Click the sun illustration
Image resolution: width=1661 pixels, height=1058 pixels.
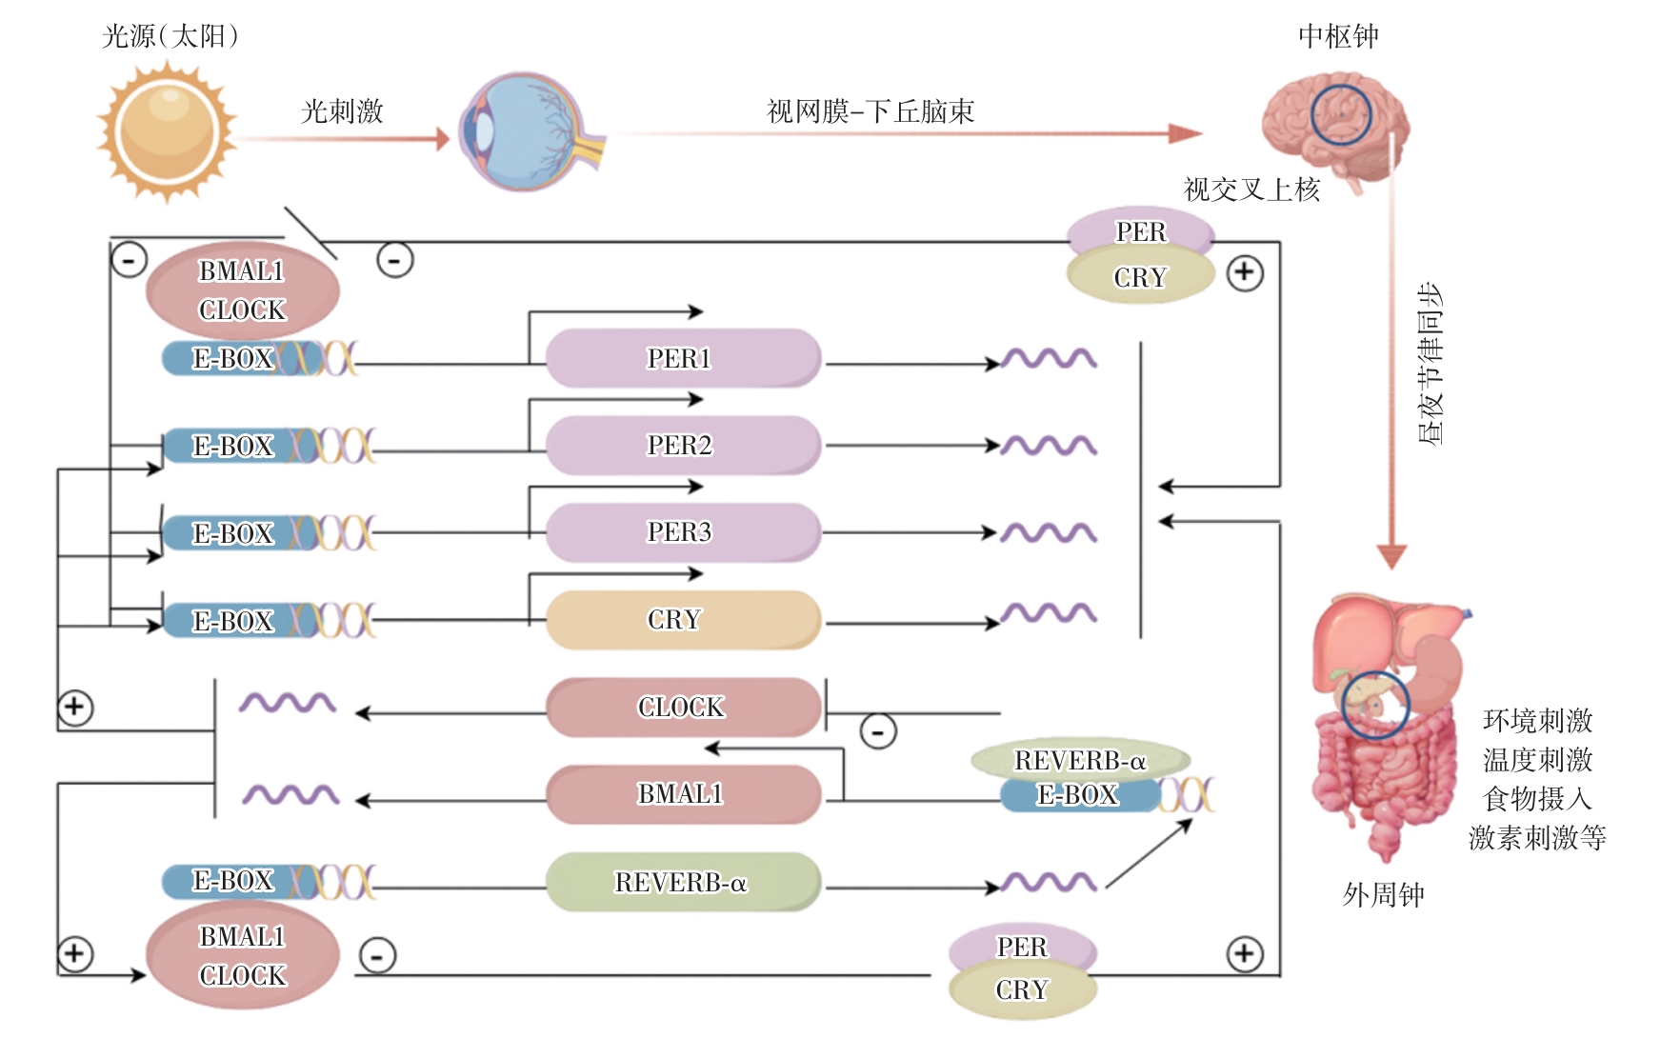168,131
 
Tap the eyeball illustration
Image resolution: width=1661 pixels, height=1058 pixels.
529,131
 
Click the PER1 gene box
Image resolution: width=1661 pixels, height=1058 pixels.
682,358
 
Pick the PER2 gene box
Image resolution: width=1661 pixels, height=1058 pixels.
682,445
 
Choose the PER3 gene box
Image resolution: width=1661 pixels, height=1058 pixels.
682,531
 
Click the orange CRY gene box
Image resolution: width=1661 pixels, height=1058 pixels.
682,619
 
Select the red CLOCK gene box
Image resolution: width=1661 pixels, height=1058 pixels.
682,707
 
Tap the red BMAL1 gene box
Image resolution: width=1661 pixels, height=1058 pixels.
682,793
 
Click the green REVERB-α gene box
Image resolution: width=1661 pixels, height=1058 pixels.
682,882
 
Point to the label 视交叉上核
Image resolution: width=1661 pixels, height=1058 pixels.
1251,190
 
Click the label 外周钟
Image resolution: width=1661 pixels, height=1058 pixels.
1383,894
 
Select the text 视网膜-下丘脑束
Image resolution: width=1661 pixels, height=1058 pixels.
871,111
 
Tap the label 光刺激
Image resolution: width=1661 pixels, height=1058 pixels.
342,111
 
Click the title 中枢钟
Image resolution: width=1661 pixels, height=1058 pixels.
1338,36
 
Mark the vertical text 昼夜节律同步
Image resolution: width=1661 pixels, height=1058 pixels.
1430,364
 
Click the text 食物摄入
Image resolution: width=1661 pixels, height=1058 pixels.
1537,798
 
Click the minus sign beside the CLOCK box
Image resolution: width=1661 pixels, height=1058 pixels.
877,731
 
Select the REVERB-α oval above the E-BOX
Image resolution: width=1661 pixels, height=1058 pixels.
1080,760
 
